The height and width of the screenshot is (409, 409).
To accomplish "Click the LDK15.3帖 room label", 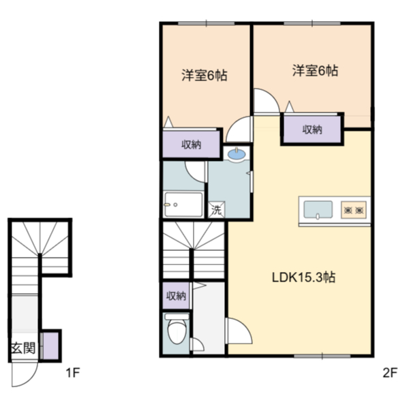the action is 303,277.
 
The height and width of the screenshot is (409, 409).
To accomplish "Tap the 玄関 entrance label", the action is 23,348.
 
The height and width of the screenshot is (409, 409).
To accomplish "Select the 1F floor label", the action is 72,372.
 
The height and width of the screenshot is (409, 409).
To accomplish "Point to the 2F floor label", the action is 390,372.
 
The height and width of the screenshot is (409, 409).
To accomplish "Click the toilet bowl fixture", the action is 177,329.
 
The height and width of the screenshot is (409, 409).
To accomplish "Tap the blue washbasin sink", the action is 237,154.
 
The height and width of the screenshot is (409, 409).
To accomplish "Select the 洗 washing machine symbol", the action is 216,209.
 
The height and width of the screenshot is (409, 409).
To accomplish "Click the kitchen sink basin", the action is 318,209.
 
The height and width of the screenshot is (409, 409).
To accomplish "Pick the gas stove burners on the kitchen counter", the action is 354,210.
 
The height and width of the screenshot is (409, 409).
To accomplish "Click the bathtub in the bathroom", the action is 184,204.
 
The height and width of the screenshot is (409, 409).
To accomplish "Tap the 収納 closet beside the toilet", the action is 177,296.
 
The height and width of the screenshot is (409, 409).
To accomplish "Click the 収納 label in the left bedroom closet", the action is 191,145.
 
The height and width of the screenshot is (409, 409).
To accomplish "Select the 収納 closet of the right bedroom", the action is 312,130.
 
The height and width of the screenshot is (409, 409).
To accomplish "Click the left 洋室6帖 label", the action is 204,76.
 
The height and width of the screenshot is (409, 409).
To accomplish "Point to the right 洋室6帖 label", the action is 315,71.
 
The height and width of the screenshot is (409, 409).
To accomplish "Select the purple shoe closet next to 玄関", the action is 50,346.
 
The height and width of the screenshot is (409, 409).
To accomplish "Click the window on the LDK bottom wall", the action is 322,356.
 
